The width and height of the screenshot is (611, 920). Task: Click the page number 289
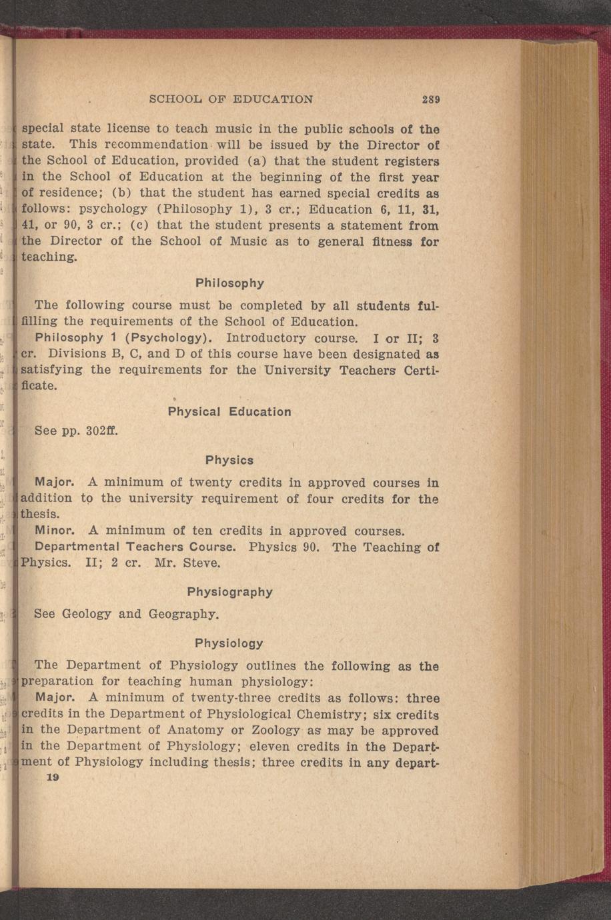(430, 100)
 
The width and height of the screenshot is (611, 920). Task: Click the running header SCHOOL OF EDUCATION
(231, 100)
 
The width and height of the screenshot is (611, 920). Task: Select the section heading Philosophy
(229, 283)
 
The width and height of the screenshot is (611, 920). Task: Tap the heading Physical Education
(229, 412)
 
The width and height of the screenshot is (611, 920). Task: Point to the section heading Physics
(229, 461)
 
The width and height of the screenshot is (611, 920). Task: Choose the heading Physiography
(229, 592)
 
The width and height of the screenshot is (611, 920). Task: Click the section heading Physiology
(229, 643)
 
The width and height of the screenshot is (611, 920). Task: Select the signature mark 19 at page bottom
(53, 778)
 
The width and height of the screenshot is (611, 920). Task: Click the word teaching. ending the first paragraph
(50, 257)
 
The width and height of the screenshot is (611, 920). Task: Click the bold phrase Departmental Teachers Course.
(135, 547)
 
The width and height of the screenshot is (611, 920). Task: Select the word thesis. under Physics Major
(40, 515)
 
